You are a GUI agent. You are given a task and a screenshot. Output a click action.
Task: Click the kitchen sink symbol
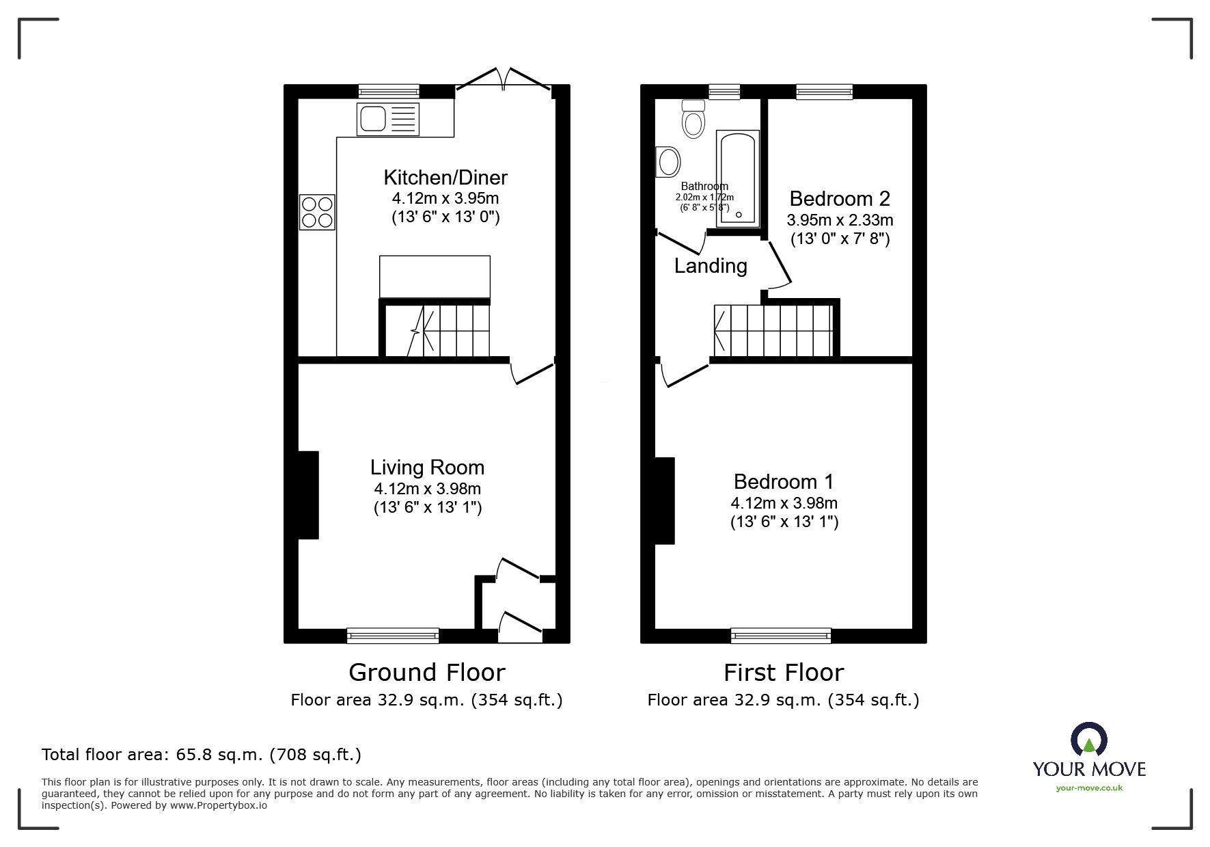387,120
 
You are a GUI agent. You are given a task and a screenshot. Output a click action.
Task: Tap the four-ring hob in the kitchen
317,212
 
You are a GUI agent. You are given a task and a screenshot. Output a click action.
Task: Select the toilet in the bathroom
693,120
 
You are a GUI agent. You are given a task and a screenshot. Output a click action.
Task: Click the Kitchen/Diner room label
445,178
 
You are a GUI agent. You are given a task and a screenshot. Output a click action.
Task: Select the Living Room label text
427,468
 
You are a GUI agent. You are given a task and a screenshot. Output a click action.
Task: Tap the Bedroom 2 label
840,199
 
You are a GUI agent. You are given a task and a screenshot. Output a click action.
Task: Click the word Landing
711,266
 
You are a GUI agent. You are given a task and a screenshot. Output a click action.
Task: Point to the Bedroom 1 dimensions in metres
784,503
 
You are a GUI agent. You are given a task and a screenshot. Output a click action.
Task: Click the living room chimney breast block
308,495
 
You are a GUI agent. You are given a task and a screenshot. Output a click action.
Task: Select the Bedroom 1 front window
781,636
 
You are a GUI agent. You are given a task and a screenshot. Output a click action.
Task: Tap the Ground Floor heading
427,673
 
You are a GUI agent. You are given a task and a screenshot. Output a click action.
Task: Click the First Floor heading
784,673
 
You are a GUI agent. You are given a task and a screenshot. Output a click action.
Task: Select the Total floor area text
202,755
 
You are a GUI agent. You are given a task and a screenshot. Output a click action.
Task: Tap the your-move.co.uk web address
1089,788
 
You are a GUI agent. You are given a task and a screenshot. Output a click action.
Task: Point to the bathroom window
724,92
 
